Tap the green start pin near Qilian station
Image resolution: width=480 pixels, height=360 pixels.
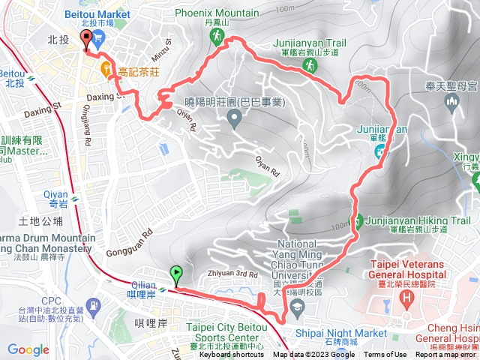coord(177,274)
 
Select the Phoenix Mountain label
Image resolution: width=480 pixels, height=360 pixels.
coord(218,13)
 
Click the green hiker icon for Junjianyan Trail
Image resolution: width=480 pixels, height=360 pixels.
coord(308,66)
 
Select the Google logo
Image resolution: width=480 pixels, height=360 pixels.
coord(28,349)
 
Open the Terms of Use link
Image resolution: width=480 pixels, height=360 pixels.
coord(385,355)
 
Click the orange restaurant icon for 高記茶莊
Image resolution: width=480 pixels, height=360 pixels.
coord(106,71)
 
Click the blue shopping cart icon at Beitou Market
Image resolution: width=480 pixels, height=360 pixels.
coord(98,34)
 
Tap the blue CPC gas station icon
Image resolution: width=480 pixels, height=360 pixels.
coord(93,306)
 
